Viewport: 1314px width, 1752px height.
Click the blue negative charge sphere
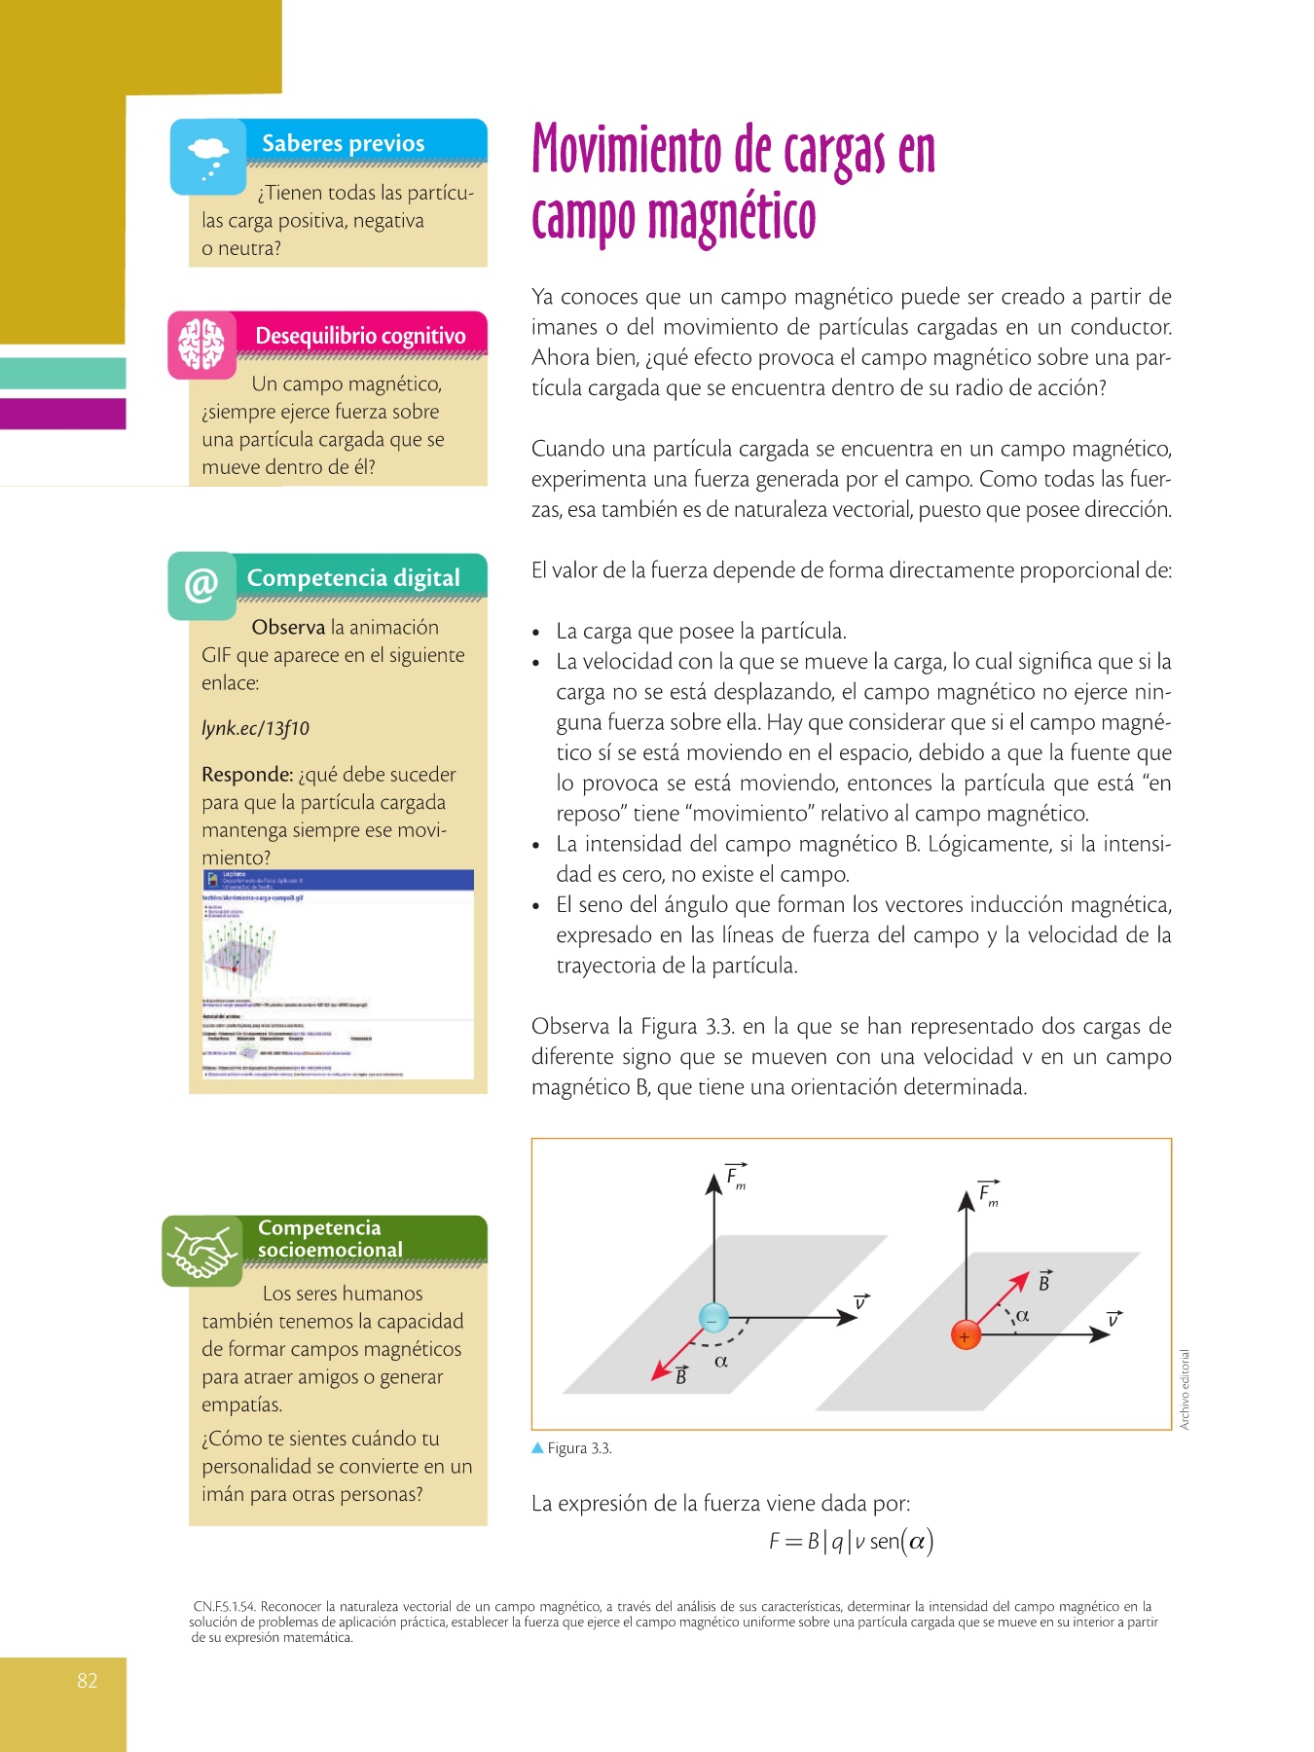pos(714,1318)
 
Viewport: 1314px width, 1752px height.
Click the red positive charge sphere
pos(965,1335)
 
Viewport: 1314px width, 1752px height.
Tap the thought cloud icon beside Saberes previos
pos(208,157)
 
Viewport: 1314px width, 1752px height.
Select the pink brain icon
pos(201,345)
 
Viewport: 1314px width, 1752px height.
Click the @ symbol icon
pos(201,585)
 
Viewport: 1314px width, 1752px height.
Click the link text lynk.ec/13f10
pos(255,728)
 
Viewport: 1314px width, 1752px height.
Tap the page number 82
pos(88,1680)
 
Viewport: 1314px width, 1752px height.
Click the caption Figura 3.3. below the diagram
pos(579,1448)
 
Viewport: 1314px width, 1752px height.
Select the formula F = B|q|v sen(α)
pos(851,1541)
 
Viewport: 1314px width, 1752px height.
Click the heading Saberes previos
pos(343,143)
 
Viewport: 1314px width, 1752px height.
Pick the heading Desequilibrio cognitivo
pos(360,336)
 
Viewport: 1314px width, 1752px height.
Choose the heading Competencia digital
pos(353,578)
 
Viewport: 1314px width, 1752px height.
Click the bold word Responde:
pos(247,775)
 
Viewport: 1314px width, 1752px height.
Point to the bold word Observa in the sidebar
pos(288,628)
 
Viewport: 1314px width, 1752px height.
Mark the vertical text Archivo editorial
pos(1185,1389)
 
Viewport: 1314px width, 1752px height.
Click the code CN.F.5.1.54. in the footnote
pos(224,1607)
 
